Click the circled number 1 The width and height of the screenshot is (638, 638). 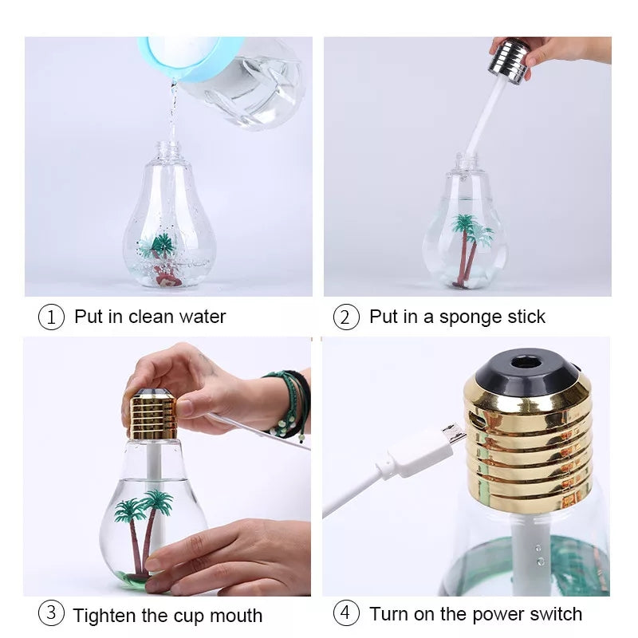click(x=51, y=317)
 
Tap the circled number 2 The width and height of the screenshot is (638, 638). click(x=345, y=317)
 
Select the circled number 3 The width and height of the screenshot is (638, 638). click(x=51, y=614)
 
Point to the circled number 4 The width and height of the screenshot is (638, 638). click(x=345, y=614)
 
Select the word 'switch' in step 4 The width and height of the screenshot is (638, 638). click(x=555, y=614)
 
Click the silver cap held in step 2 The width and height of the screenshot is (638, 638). click(x=510, y=61)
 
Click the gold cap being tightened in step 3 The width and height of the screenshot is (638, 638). click(x=152, y=415)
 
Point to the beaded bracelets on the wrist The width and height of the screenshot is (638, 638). click(x=292, y=403)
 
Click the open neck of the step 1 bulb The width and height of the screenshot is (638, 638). click(x=167, y=148)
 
